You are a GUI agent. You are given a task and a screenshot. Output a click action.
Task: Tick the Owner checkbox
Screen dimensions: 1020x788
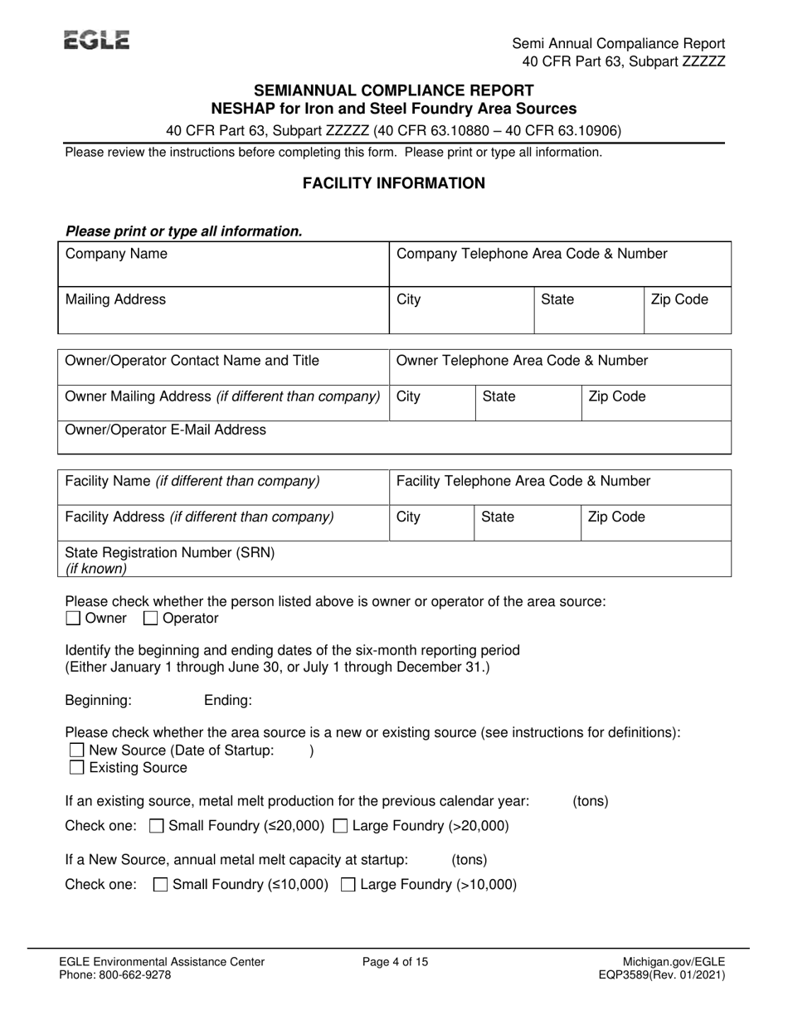pyautogui.click(x=73, y=619)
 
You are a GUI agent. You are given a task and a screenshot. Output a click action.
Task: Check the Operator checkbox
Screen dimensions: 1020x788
pyautogui.click(x=151, y=619)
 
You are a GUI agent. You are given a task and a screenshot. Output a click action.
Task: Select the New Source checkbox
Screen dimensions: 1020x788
pyautogui.click(x=76, y=750)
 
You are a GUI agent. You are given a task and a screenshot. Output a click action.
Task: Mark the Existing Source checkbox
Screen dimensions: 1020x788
pyautogui.click(x=76, y=768)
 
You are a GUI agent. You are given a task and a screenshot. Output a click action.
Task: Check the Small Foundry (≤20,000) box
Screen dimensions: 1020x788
pyautogui.click(x=156, y=826)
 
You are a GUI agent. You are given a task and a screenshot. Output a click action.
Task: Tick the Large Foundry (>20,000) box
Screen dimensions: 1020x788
pyautogui.click(x=340, y=826)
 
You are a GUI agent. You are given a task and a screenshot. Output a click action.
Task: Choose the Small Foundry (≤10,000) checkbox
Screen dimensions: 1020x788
pyautogui.click(x=162, y=885)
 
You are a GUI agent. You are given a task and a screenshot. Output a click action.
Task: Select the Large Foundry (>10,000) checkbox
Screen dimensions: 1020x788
pyautogui.click(x=349, y=885)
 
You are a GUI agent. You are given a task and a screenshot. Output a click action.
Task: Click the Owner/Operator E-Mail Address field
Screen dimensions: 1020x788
pyautogui.click(x=394, y=437)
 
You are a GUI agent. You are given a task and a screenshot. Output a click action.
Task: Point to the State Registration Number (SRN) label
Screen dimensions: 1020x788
pyautogui.click(x=169, y=552)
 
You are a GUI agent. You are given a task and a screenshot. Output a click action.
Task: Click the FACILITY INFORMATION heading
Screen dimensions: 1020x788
pyautogui.click(x=394, y=183)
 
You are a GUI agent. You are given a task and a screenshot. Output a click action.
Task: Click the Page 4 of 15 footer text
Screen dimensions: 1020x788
pyautogui.click(x=396, y=962)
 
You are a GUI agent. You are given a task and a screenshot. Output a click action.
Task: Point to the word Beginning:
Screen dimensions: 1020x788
pyautogui.click(x=98, y=701)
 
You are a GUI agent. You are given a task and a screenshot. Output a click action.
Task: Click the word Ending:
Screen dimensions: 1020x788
pyautogui.click(x=228, y=701)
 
